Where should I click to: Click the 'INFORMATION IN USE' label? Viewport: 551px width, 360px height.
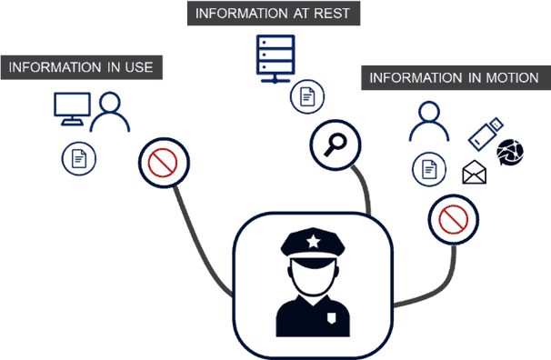point(82,67)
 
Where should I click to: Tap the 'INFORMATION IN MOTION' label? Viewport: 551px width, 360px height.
point(454,78)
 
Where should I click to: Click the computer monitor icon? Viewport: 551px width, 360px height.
point(70,109)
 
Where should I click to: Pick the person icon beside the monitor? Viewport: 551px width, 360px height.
point(110,113)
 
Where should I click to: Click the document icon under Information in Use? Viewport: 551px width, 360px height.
point(79,159)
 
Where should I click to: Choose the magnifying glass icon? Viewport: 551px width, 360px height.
point(336,143)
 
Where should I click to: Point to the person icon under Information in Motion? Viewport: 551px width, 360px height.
point(427,120)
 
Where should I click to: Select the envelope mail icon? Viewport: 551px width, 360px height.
point(474,171)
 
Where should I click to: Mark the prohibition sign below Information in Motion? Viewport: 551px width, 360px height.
point(454,218)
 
